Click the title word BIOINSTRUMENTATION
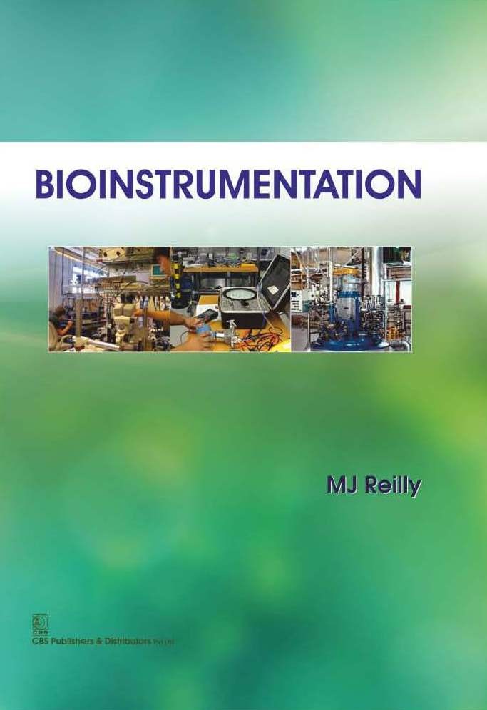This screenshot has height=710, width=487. click(228, 183)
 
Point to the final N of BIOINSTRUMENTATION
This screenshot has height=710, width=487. click(409, 183)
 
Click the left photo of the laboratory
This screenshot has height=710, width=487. click(109, 299)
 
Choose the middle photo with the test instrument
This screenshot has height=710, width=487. click(230, 299)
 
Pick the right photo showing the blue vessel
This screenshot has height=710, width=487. click(351, 299)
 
